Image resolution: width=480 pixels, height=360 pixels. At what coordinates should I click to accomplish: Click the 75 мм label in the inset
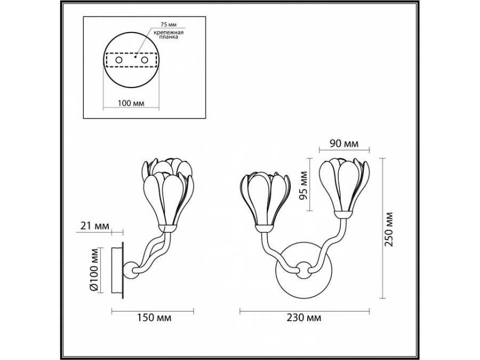(169, 25)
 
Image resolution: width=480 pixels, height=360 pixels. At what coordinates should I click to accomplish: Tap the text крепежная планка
(169, 35)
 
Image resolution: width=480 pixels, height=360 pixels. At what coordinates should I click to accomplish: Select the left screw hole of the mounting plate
(119, 60)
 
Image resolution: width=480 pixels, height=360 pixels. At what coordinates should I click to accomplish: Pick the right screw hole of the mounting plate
(144, 60)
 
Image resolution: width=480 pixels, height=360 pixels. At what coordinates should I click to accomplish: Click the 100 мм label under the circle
(131, 103)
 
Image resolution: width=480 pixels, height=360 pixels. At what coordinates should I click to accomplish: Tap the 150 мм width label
(154, 317)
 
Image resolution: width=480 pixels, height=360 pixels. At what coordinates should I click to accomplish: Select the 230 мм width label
(304, 317)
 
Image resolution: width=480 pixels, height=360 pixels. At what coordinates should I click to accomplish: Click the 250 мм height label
(389, 229)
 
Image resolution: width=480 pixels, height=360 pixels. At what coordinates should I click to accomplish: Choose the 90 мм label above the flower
(345, 143)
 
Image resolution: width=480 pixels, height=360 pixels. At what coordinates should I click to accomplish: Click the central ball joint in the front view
(303, 269)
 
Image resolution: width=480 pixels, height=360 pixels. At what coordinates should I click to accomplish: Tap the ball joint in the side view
(131, 269)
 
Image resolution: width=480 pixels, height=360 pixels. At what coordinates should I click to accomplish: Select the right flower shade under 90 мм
(344, 185)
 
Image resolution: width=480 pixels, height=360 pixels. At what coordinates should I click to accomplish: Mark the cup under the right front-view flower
(342, 214)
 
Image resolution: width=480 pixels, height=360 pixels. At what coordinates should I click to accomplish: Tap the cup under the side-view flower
(167, 229)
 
